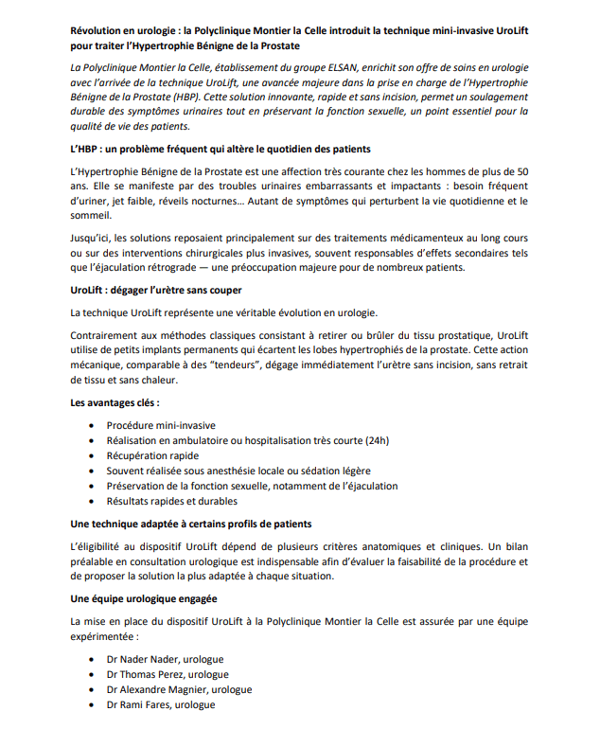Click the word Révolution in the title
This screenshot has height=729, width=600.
point(102,31)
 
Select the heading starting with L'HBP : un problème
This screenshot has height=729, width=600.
point(221,150)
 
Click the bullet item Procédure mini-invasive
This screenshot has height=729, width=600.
point(161,425)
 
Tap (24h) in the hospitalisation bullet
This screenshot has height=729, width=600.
point(377,440)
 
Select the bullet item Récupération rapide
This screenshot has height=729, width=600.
point(152,455)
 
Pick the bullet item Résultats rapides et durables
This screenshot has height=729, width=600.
point(171,501)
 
